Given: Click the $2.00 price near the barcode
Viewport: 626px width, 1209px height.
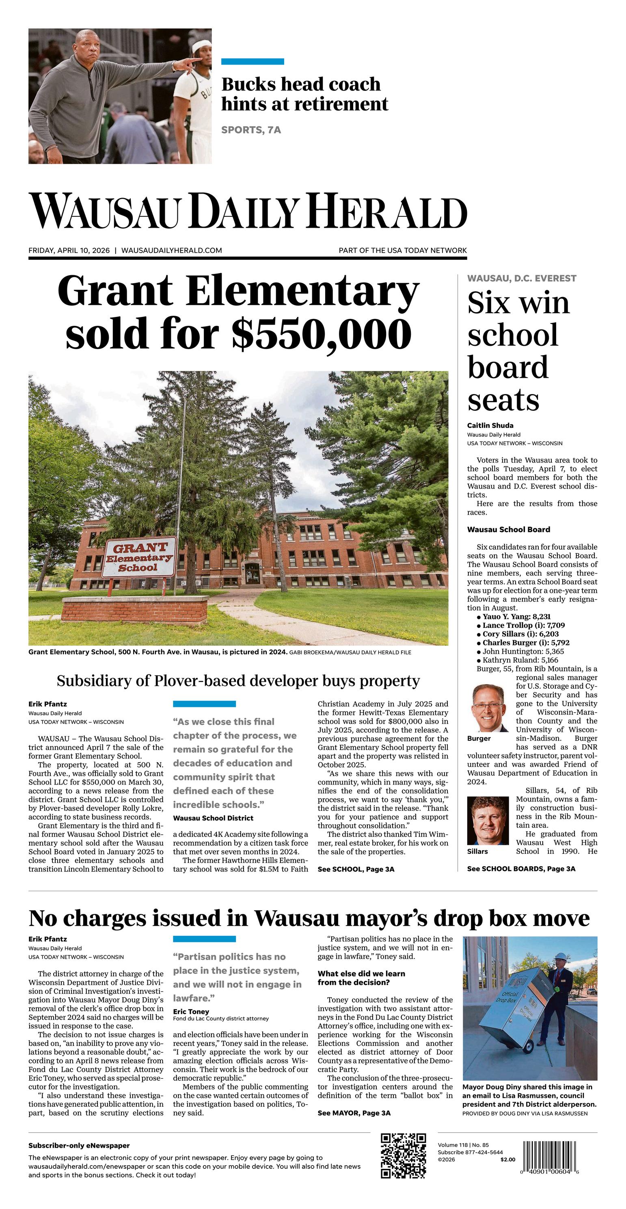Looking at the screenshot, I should tap(507, 1159).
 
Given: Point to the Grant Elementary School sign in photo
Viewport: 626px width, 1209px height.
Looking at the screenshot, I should tap(140, 557).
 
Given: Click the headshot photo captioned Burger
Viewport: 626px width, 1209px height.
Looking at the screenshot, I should tap(488, 708).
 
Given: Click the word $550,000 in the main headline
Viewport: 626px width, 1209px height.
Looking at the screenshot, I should tap(322, 333).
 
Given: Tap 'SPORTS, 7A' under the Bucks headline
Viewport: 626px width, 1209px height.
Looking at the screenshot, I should tap(251, 130).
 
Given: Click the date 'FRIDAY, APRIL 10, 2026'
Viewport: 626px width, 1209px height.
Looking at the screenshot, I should tap(69, 251).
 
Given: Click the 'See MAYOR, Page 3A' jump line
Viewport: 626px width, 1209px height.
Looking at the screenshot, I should tap(354, 1113).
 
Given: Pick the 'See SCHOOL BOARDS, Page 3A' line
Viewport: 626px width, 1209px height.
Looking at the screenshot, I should tap(521, 869).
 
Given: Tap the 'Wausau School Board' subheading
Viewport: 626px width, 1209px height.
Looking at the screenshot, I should tap(508, 529).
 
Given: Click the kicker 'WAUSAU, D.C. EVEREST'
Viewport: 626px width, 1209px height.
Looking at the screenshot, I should tap(521, 278).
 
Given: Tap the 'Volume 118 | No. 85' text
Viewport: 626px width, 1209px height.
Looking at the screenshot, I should tap(463, 1145).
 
